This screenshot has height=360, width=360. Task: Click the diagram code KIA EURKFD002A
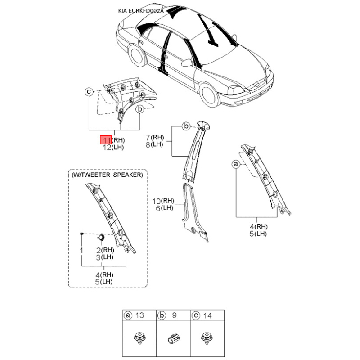pos(141,11)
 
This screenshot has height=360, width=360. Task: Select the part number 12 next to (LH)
pos(107,147)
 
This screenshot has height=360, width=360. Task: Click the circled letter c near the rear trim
pos(89,92)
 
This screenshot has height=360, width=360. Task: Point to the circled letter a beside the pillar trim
pos(236,164)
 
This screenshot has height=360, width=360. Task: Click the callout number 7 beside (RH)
pos(148,138)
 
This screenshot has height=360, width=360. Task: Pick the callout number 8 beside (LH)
pos(148,144)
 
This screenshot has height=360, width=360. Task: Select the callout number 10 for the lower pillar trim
pos(156,201)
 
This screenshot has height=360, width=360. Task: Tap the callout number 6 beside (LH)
pos(158,208)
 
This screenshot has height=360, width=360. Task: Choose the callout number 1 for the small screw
pos(81,251)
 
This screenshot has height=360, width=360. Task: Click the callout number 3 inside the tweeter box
pos(98,257)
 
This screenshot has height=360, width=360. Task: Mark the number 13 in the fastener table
pos(139,315)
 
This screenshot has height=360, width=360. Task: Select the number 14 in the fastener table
pos(207,316)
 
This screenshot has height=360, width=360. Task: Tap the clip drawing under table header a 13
pos(139,338)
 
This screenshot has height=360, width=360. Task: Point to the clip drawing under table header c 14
pos(207,338)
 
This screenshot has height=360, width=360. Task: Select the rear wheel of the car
pos(135,56)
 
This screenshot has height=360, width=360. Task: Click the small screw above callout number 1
pos(81,234)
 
